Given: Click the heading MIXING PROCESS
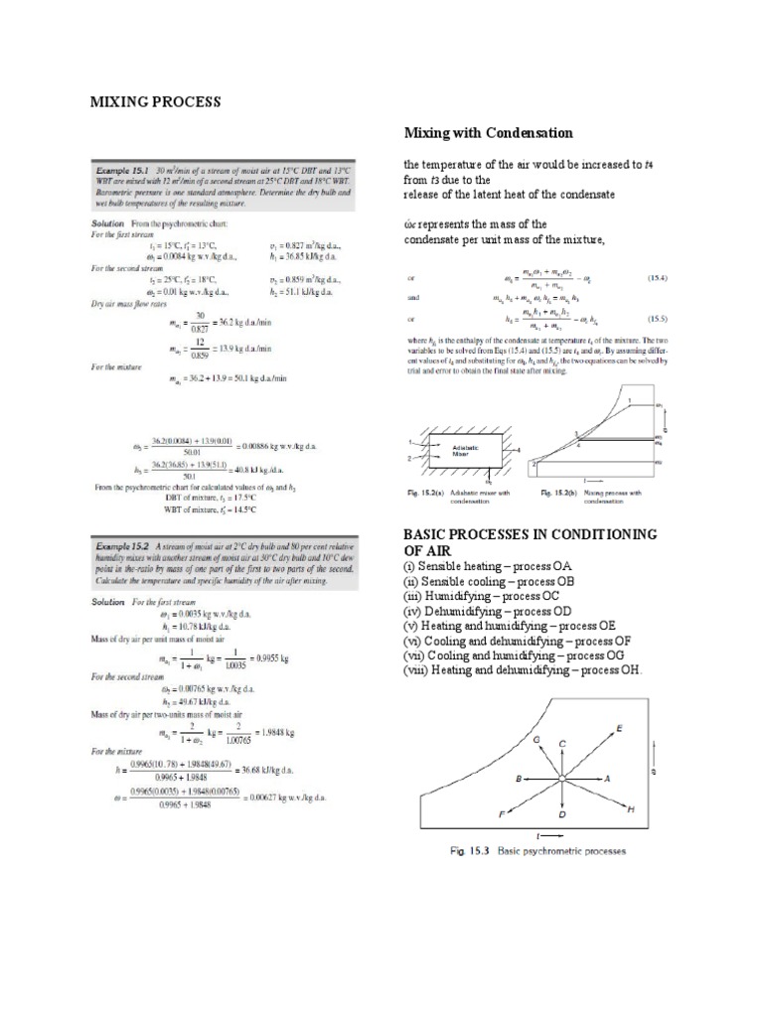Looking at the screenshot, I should click(156, 102).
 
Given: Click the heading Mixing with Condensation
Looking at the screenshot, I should click(474, 132).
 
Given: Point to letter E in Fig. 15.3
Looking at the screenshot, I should click(620, 729).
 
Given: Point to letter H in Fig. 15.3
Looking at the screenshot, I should click(630, 811).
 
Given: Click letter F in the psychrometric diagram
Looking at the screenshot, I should click(502, 813).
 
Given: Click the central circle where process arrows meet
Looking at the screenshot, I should click(562, 780).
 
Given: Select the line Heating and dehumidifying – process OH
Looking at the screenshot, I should click(523, 670).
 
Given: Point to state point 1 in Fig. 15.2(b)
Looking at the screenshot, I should click(630, 400).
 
